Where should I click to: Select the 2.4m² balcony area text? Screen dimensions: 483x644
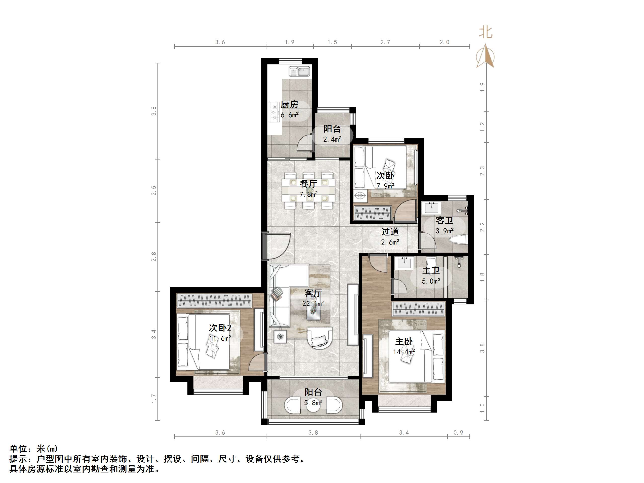click(x=332, y=139)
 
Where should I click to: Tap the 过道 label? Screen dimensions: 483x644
click(x=390, y=232)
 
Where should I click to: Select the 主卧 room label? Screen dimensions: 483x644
click(x=404, y=341)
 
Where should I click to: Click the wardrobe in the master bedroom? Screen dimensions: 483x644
click(x=419, y=309)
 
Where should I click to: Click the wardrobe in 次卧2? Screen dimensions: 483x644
click(x=214, y=300)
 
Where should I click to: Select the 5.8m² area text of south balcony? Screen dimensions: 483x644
click(x=313, y=403)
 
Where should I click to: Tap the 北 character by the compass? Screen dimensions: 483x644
click(x=486, y=32)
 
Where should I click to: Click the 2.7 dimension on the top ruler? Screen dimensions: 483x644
click(x=385, y=42)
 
